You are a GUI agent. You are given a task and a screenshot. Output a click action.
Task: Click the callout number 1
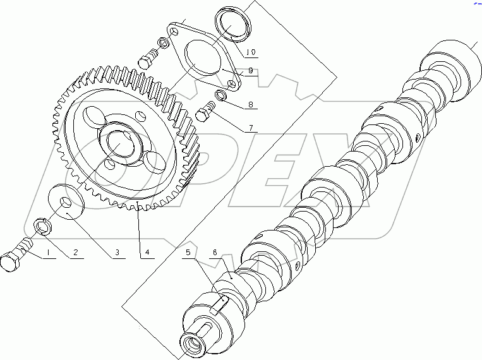48,253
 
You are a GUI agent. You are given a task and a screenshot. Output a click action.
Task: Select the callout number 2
76,253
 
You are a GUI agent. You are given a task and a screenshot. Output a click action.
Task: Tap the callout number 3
117,253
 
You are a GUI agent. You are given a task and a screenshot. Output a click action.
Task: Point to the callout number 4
147,253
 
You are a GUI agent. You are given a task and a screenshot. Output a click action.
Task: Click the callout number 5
188,253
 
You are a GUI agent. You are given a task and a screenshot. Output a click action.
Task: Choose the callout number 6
215,253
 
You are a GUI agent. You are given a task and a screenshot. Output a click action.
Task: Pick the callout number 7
251,128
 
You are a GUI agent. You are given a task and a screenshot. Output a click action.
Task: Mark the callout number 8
251,104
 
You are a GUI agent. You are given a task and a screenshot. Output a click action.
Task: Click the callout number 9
251,71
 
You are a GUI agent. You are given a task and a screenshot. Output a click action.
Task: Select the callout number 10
251,52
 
